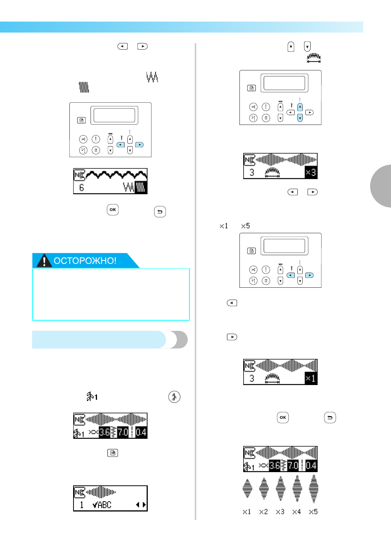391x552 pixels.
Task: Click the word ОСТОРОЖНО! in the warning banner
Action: (x=85, y=261)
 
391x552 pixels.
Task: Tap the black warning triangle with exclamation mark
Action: (x=44, y=260)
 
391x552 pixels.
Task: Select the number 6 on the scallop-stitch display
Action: (x=81, y=188)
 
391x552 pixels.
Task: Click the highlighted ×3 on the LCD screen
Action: (x=311, y=172)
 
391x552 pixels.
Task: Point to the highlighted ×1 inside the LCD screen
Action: (x=311, y=378)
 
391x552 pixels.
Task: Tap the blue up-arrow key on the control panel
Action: (x=300, y=107)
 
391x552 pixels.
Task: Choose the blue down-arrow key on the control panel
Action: (x=300, y=118)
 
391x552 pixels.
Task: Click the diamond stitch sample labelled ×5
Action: (x=314, y=489)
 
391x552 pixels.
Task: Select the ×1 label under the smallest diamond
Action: (x=247, y=512)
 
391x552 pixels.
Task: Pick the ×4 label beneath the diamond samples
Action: (x=296, y=512)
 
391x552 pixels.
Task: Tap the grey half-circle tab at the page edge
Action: (x=381, y=186)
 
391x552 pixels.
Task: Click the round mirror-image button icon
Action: (x=174, y=397)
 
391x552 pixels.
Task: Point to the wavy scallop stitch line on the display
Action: (x=116, y=175)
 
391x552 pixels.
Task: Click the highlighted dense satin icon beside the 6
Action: (x=141, y=187)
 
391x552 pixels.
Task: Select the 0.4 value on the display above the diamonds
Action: (x=311, y=466)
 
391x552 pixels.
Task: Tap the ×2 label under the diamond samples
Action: (x=263, y=512)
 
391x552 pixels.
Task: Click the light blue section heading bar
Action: (x=99, y=340)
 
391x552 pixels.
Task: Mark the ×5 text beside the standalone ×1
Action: (x=245, y=226)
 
